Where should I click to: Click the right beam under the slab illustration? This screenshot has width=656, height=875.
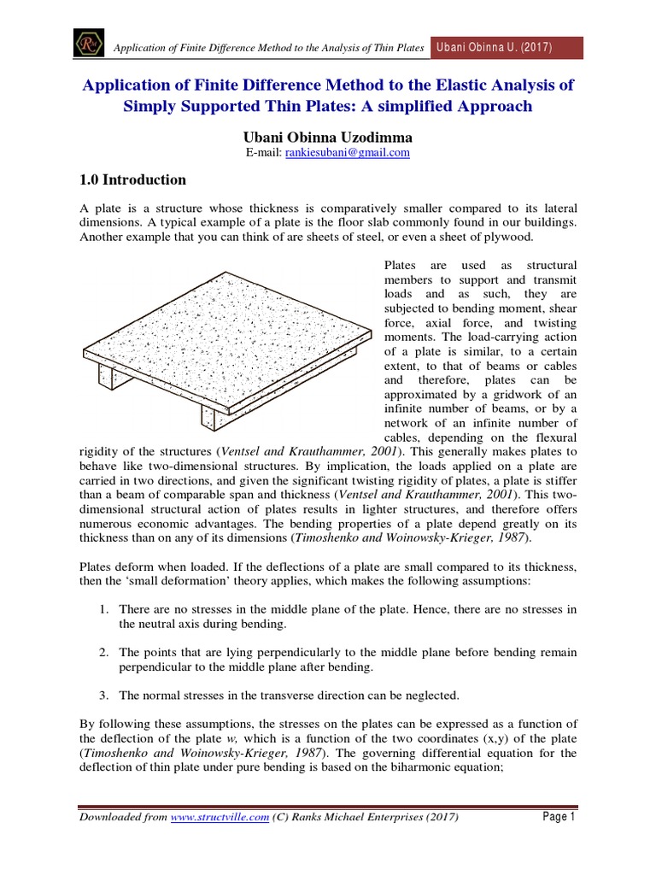tap(215, 415)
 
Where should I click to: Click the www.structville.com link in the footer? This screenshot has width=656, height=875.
tap(220, 818)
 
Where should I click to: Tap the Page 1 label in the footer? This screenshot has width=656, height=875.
tap(559, 818)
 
